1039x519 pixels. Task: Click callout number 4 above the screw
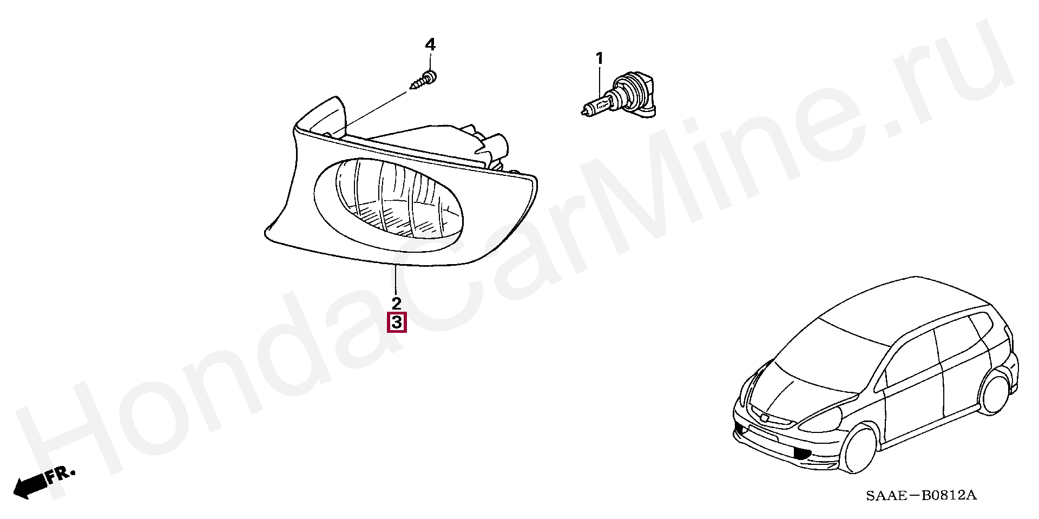tap(430, 44)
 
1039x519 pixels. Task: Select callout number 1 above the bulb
tap(599, 58)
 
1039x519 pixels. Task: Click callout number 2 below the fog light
tap(397, 303)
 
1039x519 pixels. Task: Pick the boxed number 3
tap(397, 323)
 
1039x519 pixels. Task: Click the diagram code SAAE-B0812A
tap(921, 495)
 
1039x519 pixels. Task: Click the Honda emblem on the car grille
tap(764, 417)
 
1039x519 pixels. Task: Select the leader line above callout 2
tap(397, 279)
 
